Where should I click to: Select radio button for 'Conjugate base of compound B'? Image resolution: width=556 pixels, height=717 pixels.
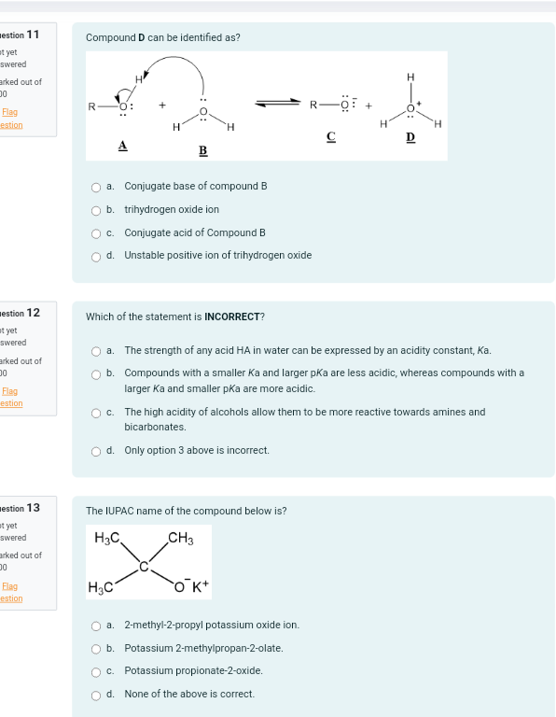(96, 187)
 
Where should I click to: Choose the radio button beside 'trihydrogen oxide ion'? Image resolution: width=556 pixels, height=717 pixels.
(96, 210)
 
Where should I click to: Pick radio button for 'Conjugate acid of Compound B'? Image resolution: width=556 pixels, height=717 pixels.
(96, 233)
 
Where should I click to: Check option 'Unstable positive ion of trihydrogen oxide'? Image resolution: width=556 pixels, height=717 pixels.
(96, 256)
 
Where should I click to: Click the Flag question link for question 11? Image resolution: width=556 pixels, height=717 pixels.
(11, 119)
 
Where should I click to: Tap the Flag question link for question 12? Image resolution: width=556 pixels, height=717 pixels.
(11, 397)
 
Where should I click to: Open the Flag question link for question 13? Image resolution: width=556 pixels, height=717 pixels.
(11, 592)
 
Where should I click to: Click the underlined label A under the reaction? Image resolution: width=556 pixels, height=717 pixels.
(122, 145)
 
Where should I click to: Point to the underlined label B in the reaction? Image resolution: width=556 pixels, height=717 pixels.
(202, 150)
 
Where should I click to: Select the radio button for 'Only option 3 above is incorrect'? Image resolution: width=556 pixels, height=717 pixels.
(96, 451)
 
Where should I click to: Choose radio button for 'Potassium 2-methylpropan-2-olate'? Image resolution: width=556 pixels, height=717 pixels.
(96, 648)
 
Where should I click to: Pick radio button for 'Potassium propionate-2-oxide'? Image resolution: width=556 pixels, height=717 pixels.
(96, 671)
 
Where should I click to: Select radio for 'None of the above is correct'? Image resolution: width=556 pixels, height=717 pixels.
(96, 695)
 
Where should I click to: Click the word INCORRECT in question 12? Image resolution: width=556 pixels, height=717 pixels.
(232, 316)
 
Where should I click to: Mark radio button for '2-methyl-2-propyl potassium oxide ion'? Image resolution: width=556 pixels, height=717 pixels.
(96, 626)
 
